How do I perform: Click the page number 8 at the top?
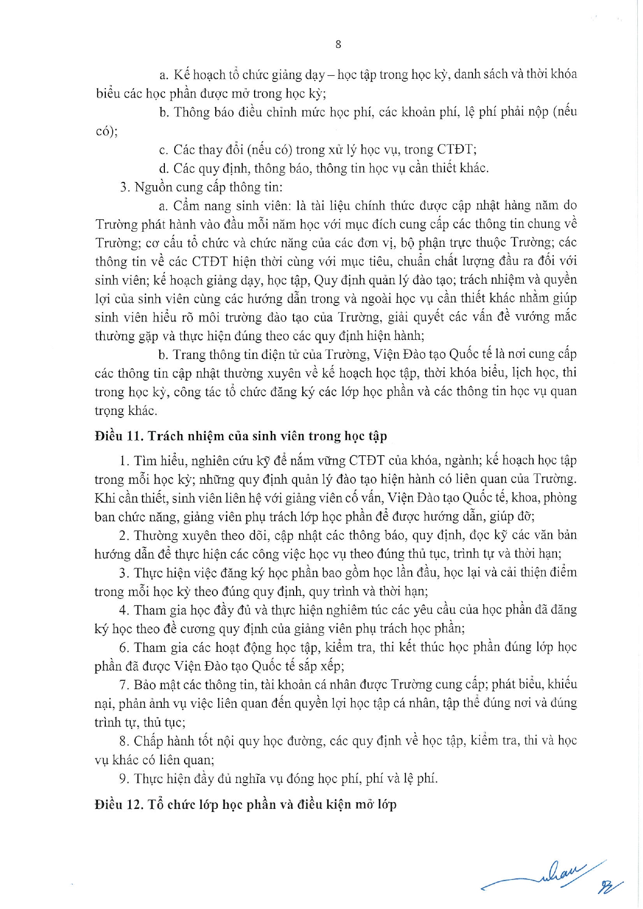[338, 45]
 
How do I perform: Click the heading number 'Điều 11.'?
[119, 436]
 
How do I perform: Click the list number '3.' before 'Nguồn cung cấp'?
[124, 187]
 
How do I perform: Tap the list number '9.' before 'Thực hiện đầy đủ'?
[124, 778]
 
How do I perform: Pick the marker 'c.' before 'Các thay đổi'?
[164, 150]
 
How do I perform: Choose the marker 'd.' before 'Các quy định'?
[164, 169]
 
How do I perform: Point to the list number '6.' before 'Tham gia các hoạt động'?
[124, 647]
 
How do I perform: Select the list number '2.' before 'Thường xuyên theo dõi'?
[124, 535]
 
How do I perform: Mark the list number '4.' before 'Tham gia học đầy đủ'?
[124, 610]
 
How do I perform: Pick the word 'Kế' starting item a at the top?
[181, 75]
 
